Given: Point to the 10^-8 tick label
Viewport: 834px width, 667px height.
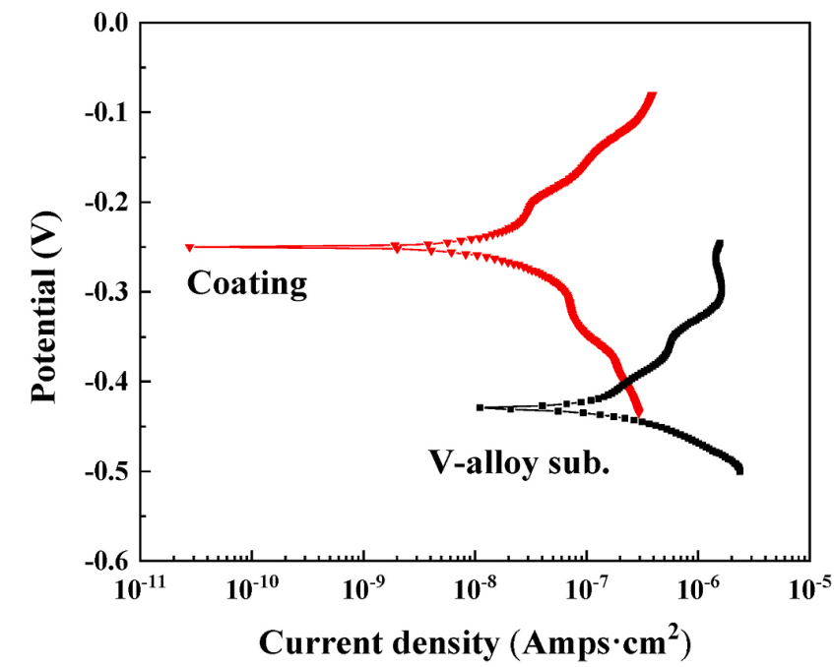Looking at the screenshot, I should coord(476,589).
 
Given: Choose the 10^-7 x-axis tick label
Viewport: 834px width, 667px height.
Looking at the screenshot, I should coord(587,589).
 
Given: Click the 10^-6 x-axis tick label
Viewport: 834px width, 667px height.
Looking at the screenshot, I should coord(698,589).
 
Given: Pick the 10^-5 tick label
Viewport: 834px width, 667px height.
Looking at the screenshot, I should coord(809,589).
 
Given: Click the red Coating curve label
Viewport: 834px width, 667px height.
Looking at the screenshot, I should coord(247,284).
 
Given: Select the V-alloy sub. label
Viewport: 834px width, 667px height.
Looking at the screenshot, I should coord(519,461).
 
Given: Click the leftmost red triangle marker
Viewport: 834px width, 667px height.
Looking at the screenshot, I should coord(189,247).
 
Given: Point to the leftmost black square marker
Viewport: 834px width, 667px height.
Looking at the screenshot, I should coord(480,407).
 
